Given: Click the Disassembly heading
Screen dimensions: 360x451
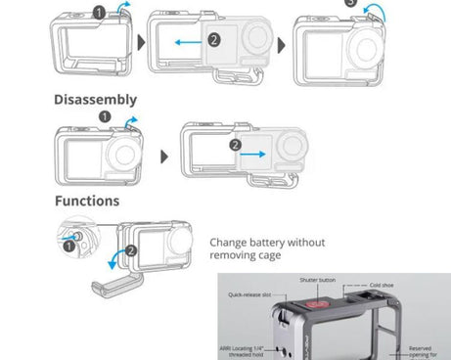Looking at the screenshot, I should coord(95,100).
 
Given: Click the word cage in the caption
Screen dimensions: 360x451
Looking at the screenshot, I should coord(268,255).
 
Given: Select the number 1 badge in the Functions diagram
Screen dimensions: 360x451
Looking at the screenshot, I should coord(68,246).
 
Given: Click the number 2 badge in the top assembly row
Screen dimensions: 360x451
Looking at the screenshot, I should coord(214,39).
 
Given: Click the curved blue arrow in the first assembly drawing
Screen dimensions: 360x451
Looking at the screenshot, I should coord(121,10).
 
